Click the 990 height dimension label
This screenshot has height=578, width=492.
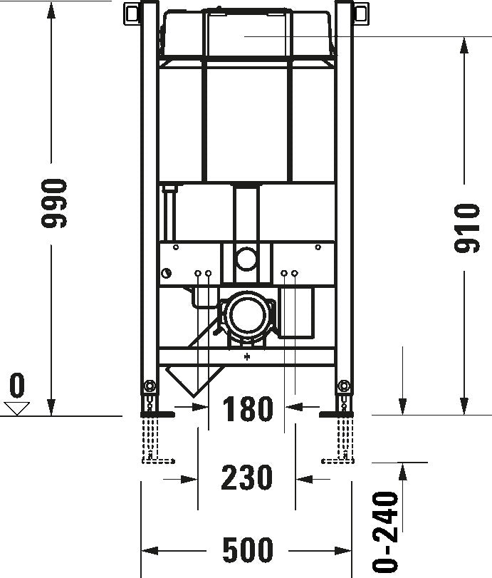[54, 203]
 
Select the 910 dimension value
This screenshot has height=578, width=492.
[466, 227]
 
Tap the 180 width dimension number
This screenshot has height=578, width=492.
[247, 410]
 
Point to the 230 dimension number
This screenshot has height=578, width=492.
[247, 478]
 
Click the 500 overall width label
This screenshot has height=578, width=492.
[247, 550]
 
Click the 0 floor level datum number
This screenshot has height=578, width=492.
[16, 386]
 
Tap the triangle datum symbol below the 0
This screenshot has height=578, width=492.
[16, 408]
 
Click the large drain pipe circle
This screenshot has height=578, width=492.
[246, 314]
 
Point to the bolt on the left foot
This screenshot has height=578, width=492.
[149, 387]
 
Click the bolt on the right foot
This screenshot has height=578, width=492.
[345, 387]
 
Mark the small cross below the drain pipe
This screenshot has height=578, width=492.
[247, 357]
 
